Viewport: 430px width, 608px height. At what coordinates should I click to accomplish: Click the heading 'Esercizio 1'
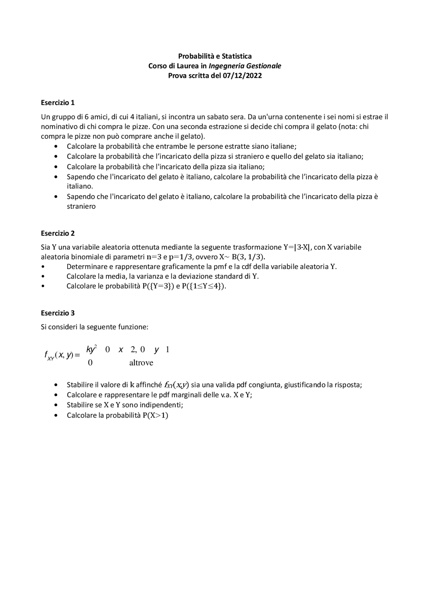click(x=57, y=102)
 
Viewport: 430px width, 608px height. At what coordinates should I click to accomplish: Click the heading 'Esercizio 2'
click(x=57, y=233)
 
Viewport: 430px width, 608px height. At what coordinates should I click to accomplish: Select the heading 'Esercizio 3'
click(x=57, y=313)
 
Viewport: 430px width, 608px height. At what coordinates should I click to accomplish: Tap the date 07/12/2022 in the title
click(x=242, y=76)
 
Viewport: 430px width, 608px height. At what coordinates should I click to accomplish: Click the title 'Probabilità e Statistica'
click(x=215, y=56)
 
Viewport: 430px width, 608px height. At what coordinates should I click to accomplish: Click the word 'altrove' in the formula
click(x=141, y=363)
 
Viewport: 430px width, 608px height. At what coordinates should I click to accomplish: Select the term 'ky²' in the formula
click(x=91, y=349)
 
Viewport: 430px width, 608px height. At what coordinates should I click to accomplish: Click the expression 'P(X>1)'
click(x=155, y=415)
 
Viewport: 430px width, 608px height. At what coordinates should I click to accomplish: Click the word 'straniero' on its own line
click(x=81, y=206)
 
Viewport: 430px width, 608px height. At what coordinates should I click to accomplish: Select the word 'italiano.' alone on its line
click(x=80, y=186)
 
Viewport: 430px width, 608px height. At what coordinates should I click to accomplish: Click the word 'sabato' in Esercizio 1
click(x=216, y=117)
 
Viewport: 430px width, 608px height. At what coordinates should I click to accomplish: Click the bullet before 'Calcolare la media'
click(x=43, y=277)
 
